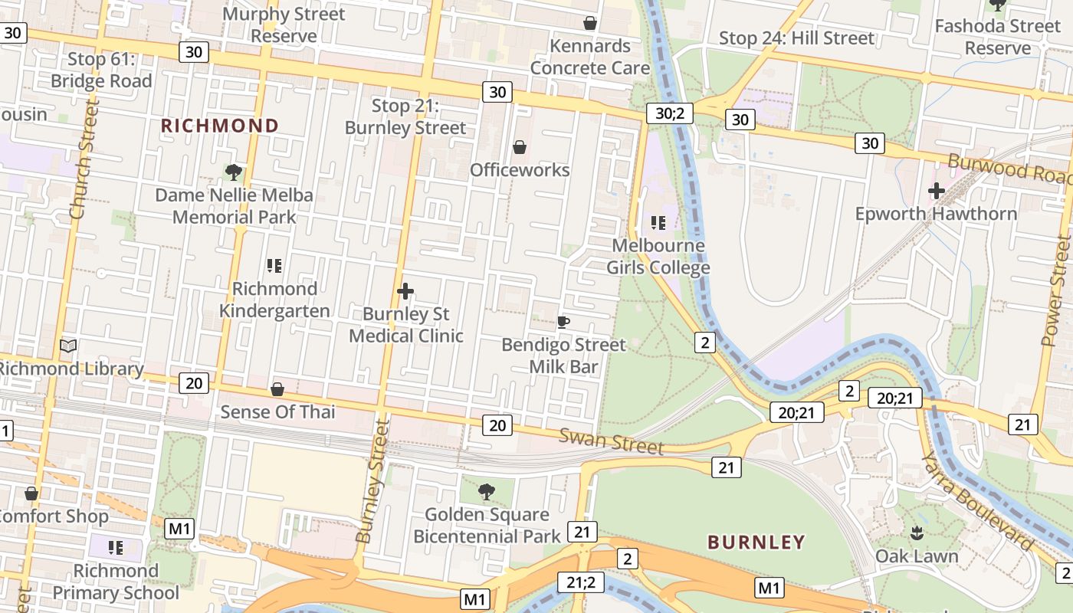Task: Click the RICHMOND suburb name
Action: tap(219, 126)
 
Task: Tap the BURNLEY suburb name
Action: tap(756, 543)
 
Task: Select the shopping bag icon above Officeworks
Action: tap(520, 147)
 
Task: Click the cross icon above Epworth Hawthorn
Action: tap(936, 191)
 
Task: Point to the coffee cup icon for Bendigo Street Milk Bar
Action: tap(563, 322)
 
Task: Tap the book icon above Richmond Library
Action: tap(68, 346)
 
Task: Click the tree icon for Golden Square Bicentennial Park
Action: tap(486, 491)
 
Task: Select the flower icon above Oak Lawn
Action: tap(917, 533)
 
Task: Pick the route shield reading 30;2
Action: tap(669, 113)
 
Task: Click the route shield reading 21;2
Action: tap(580, 582)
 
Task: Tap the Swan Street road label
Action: tap(611, 441)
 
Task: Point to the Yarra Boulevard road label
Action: tap(977, 501)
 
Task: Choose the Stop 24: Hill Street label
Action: tap(796, 38)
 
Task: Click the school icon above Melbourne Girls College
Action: tap(658, 223)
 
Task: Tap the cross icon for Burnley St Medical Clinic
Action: tap(405, 291)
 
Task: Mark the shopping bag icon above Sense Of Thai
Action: tap(277, 389)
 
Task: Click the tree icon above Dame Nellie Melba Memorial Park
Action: tap(234, 172)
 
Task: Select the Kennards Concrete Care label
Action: tap(590, 57)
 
